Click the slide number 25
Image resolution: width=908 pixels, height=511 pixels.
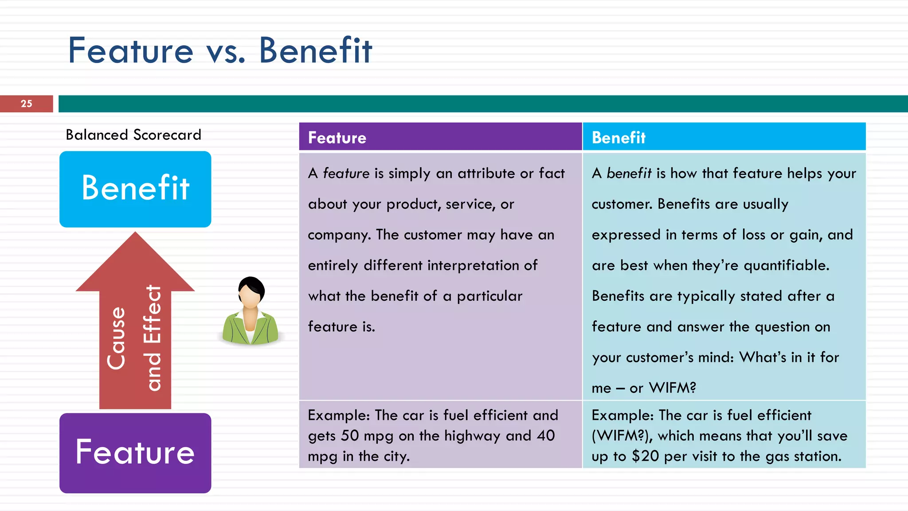[26, 104]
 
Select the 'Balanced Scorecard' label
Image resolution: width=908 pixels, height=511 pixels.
[133, 135]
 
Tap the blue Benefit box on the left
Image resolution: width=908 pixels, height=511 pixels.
[135, 189]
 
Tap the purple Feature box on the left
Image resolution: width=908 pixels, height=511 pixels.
[135, 453]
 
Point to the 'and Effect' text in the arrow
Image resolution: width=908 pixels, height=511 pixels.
[153, 338]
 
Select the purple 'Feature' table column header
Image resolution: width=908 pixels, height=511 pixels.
[440, 138]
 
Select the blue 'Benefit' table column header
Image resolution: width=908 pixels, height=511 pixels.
[724, 138]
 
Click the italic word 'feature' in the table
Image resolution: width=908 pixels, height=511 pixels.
[346, 173]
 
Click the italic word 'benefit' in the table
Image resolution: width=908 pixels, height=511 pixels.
[629, 173]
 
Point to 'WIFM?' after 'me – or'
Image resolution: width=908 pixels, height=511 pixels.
[672, 388]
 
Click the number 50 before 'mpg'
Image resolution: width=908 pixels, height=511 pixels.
[349, 436]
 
